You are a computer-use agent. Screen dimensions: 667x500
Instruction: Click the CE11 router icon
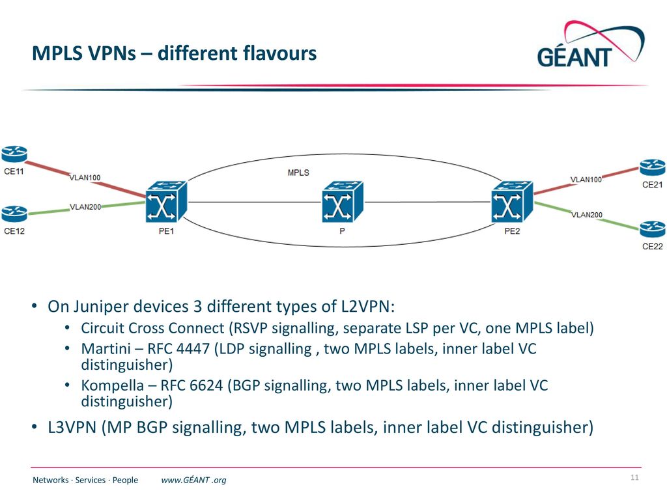tap(14, 154)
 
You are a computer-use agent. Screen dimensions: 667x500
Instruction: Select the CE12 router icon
tap(14, 214)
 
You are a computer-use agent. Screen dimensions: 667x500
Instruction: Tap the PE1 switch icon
tap(166, 202)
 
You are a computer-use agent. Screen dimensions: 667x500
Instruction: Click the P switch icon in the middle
tap(343, 202)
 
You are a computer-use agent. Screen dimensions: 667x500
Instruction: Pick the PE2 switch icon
tap(512, 202)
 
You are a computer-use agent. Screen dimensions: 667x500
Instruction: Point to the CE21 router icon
tap(653, 167)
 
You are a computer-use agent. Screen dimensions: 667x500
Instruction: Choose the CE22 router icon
tap(653, 229)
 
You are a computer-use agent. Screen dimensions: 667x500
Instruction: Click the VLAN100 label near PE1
tap(85, 177)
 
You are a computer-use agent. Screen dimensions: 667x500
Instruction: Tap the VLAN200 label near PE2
tap(587, 215)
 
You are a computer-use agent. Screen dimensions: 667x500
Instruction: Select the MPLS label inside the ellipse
tap(298, 173)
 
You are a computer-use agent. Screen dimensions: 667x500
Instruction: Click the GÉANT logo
tap(591, 44)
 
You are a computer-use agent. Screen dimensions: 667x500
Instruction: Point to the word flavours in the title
tap(280, 53)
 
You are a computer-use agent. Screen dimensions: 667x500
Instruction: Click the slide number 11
tap(634, 477)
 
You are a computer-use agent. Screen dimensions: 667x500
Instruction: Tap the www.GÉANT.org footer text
tap(193, 480)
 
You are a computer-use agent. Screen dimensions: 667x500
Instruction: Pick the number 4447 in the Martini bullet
tap(193, 349)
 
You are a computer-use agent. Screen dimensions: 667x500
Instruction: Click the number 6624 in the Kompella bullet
tap(206, 385)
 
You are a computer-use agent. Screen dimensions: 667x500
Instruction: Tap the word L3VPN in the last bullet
tap(72, 427)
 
